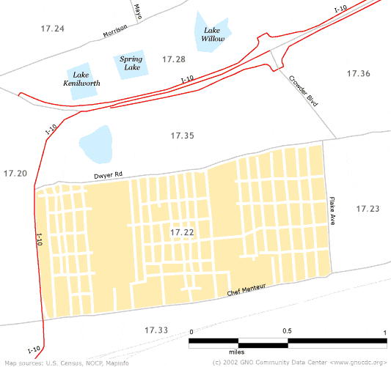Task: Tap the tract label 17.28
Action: [174, 59]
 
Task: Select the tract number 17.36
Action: [358, 73]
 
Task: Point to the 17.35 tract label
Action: [182, 136]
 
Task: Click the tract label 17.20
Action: [15, 174]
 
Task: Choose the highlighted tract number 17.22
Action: [181, 232]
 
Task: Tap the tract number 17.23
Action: [368, 210]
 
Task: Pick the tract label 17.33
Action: [156, 330]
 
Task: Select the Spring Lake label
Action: [131, 62]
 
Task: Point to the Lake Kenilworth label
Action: [82, 79]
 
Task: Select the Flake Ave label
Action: [332, 211]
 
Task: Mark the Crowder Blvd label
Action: [302, 91]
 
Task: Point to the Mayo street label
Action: [137, 12]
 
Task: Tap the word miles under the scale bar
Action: [238, 352]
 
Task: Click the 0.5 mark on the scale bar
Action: [287, 332]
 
